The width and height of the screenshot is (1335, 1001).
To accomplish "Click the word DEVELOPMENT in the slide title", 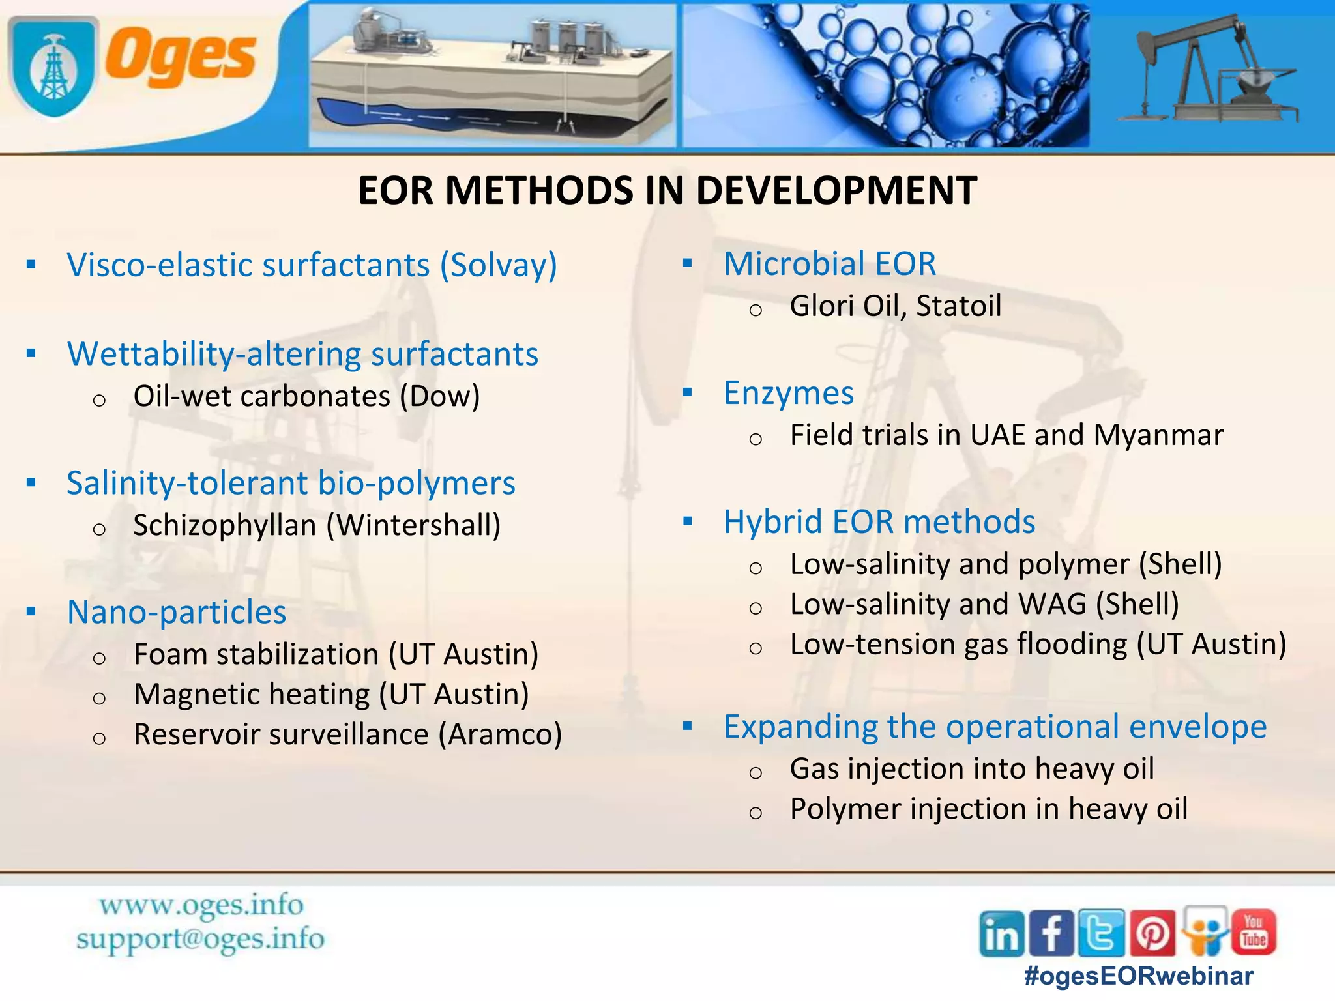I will point(836,191).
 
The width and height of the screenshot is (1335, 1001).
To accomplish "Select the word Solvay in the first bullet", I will point(498,265).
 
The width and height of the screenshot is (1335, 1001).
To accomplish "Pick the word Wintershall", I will point(413,525).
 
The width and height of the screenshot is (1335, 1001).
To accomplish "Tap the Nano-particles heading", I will point(177,612).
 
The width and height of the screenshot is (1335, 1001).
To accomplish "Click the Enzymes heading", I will point(788,393).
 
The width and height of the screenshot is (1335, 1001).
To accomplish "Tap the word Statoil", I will point(958,306).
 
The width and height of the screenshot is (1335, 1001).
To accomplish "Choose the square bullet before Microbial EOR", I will point(687,264).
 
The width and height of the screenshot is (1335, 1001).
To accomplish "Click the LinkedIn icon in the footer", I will point(1001,933).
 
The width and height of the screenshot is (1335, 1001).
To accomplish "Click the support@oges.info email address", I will point(200,939).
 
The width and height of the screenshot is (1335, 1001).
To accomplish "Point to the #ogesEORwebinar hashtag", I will point(1138,976).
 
